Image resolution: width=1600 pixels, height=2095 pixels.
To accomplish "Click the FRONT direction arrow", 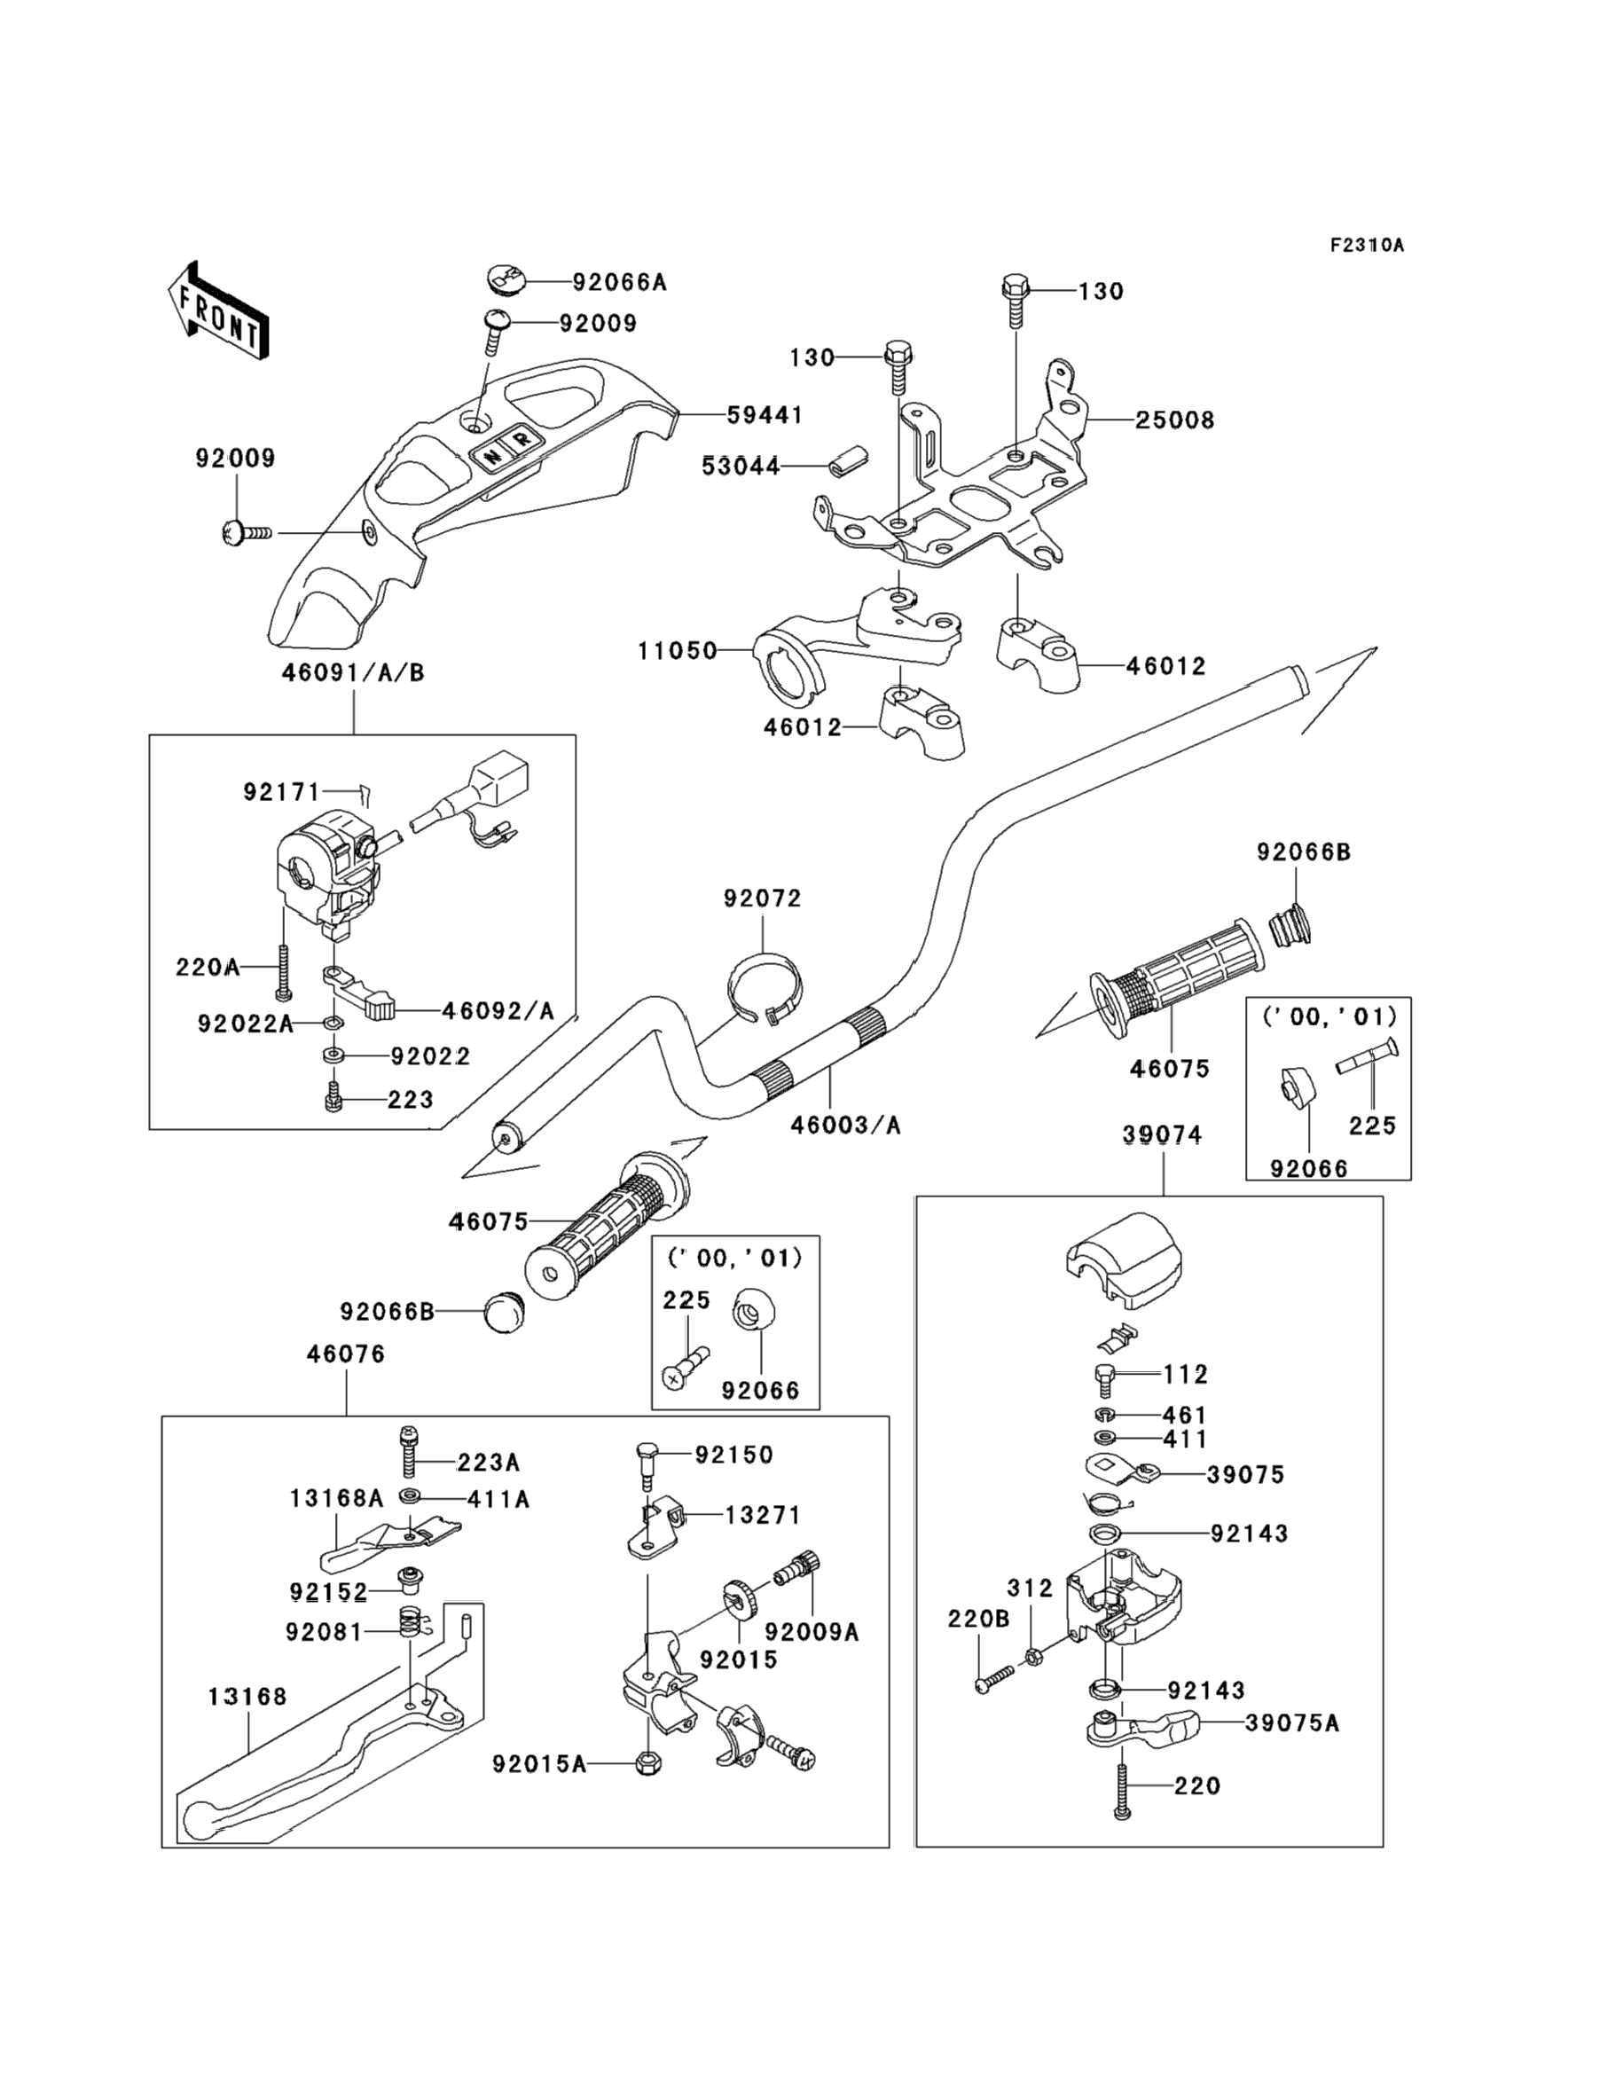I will [x=217, y=311].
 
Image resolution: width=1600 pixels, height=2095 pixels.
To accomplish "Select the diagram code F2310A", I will [x=1367, y=246].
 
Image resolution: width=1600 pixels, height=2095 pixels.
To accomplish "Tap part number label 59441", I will [x=765, y=415].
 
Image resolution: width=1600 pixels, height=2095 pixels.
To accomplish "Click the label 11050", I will [x=677, y=651].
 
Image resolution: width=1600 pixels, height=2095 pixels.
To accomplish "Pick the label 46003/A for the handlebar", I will [x=844, y=1126].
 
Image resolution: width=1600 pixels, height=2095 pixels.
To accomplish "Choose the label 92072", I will [x=762, y=898].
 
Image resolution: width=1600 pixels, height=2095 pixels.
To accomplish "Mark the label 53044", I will [x=740, y=467].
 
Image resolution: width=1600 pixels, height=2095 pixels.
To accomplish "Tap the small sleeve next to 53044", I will [x=840, y=458].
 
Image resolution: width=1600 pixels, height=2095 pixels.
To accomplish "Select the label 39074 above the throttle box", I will [x=1162, y=1135].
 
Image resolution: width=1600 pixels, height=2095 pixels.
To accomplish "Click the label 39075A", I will [x=1291, y=1723].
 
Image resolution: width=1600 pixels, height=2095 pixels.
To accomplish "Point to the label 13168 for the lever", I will [x=247, y=1696].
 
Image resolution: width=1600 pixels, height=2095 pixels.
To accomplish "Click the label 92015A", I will [x=539, y=1764].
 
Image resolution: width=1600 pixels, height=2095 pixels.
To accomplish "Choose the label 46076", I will [x=346, y=1354].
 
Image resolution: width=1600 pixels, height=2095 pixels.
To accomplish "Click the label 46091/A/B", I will [x=352, y=673].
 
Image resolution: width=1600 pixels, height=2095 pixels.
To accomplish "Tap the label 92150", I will [x=733, y=1456].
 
